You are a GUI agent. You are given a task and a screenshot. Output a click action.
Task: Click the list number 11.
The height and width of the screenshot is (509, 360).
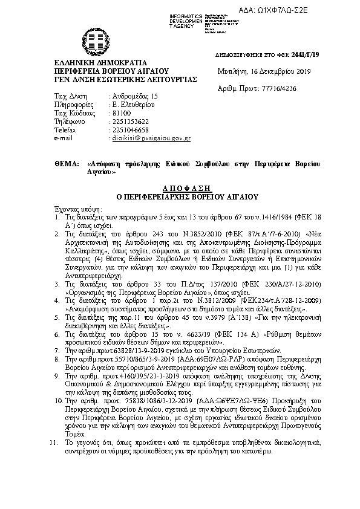[x=52, y=443]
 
